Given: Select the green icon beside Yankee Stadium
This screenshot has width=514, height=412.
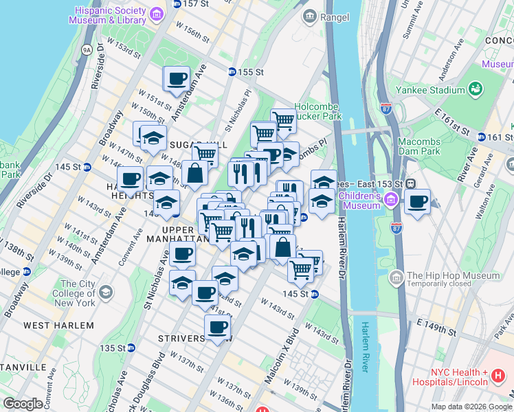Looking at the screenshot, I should pyautogui.click(x=476, y=89).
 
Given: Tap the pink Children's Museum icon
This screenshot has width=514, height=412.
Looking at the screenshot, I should pyautogui.click(x=391, y=200).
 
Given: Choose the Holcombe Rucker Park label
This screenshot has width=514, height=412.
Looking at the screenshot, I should pyautogui.click(x=318, y=111).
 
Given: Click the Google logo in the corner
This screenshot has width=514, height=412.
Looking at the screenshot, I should pyautogui.click(x=23, y=404).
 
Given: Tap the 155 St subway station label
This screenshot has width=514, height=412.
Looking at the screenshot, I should pyautogui.click(x=252, y=71).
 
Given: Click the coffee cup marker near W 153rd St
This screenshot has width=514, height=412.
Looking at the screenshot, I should pyautogui.click(x=177, y=78).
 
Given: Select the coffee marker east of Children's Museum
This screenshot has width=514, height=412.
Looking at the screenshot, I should pyautogui.click(x=417, y=202).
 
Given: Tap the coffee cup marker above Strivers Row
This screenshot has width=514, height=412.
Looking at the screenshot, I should pyautogui.click(x=217, y=327).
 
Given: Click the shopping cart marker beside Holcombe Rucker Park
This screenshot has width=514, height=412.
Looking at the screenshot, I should pyautogui.click(x=284, y=122).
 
